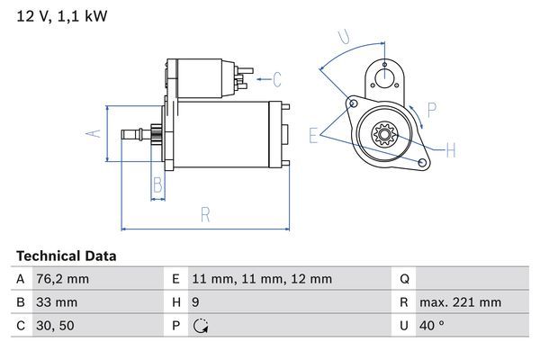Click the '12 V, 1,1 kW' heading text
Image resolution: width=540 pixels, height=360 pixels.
[57, 16]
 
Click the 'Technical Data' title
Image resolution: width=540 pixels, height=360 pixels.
[66, 256]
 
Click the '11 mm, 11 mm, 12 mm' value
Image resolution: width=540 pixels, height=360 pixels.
[262, 279]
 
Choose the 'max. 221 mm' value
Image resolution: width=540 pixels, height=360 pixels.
[462, 302]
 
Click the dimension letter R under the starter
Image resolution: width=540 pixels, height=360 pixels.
[205, 214]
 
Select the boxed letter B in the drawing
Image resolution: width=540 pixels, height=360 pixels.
[157, 185]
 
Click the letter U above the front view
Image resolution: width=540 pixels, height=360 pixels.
[343, 37]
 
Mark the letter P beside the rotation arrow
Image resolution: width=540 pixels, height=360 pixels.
[432, 111]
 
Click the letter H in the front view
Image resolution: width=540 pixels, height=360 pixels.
[451, 148]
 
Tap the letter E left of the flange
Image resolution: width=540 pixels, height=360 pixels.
[313, 135]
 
